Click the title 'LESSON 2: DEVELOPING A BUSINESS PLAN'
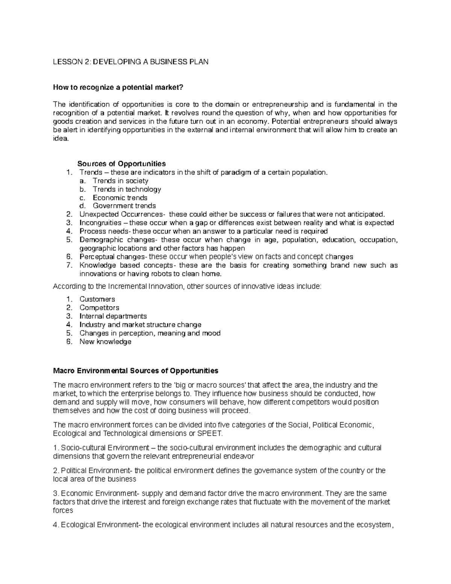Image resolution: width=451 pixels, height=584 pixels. (130, 62)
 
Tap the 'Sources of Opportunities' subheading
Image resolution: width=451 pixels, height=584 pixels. (121, 164)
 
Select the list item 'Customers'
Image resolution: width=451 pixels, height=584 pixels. (97, 299)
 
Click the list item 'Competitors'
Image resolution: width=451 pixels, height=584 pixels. (99, 308)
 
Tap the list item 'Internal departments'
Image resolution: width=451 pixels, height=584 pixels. (113, 316)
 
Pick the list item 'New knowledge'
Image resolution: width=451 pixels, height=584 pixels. (105, 342)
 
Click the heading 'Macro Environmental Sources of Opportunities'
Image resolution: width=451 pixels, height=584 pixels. (136, 371)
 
